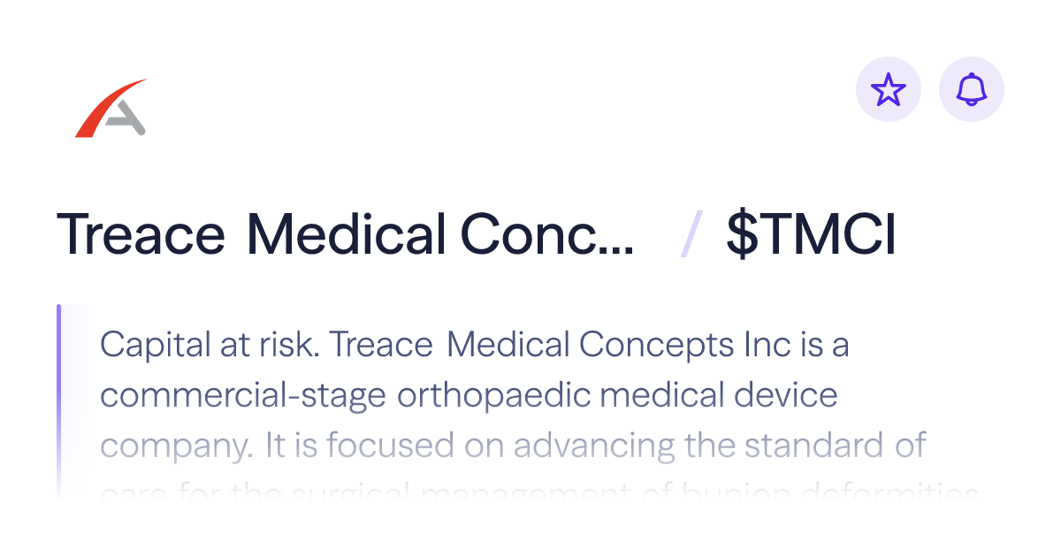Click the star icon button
(889, 89)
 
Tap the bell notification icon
(972, 89)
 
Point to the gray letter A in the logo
(126, 117)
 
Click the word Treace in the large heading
(141, 236)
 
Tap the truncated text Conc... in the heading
(547, 236)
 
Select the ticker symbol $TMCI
(811, 236)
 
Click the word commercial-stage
(243, 395)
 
